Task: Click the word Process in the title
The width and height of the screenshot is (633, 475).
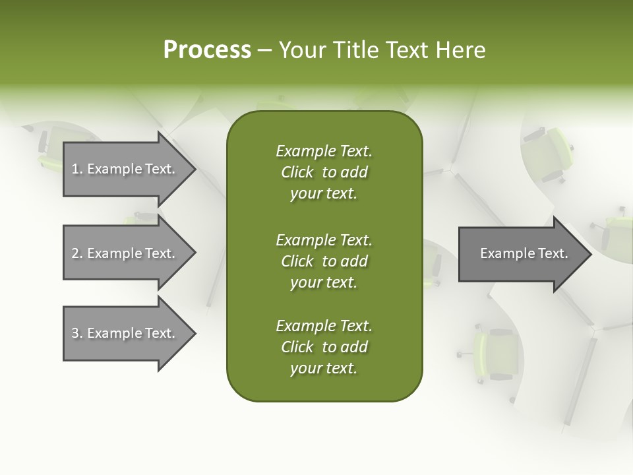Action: pos(207,50)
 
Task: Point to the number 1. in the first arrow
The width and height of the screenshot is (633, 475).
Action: pos(76,169)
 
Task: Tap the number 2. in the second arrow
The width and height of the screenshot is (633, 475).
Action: pos(76,253)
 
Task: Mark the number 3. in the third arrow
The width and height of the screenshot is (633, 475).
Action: pos(76,333)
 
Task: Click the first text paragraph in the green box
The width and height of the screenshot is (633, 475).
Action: pos(324,172)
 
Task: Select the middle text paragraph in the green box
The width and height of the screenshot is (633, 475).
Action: pos(324,261)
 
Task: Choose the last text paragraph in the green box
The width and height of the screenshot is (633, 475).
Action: pos(324,347)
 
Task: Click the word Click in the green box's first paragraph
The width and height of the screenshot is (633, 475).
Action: pos(297,172)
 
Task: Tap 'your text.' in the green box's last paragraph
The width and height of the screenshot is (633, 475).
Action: pos(324,368)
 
